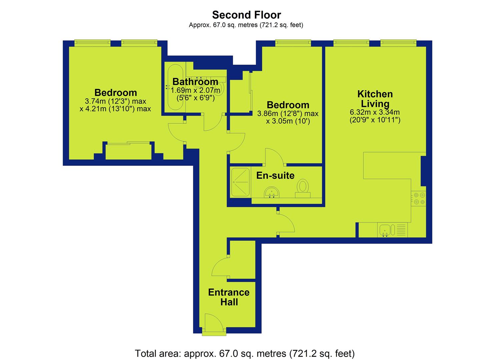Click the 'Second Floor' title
pos(246,15)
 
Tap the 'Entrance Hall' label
pos(229,297)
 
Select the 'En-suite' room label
pos(275,175)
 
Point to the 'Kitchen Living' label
pos(375,99)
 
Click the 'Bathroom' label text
pos(195,82)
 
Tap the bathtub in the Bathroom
pos(175,87)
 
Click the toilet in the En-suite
pos(303,188)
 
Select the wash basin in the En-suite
pos(272,192)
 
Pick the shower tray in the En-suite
pos(240,182)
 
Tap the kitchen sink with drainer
pos(392,230)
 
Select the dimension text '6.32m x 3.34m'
pos(375,112)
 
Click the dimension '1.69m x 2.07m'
pos(195,90)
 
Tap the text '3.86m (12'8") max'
pos(288,114)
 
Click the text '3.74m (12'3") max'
pos(116,101)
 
